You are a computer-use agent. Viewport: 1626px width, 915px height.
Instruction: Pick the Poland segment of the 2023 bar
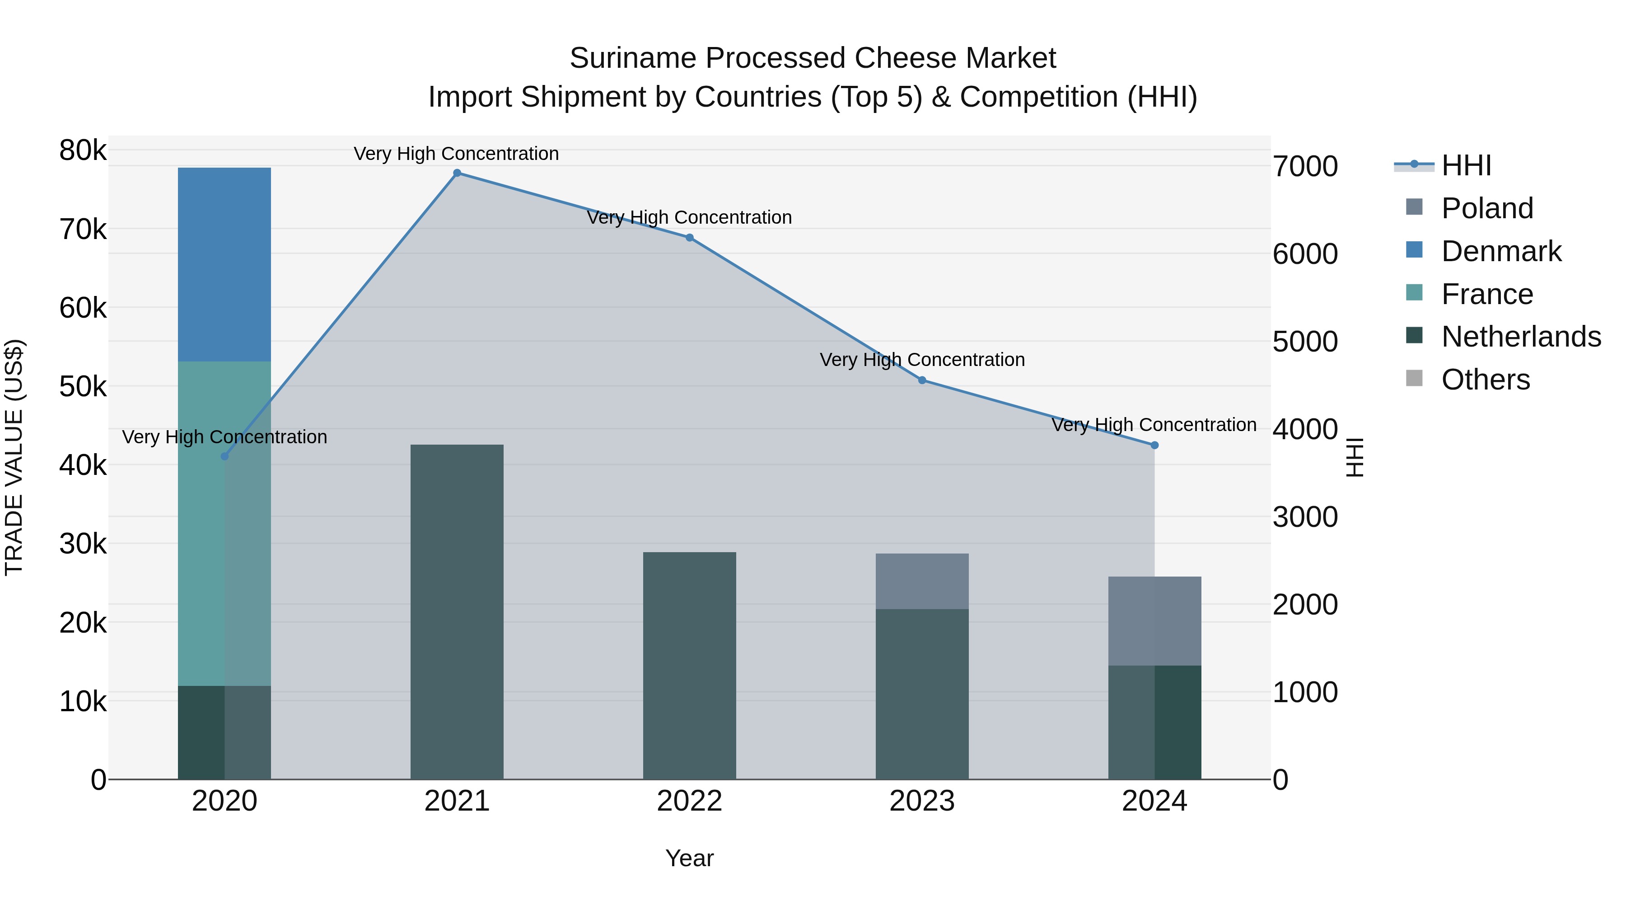click(921, 581)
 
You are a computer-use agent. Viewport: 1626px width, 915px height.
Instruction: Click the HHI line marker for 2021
click(457, 173)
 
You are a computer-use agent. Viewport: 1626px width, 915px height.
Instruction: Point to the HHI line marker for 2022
click(689, 237)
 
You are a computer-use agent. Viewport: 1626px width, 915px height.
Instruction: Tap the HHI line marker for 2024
click(1154, 445)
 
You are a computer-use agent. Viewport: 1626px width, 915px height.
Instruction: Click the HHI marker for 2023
click(921, 380)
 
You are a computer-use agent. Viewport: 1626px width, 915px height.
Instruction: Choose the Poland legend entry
click(1486, 208)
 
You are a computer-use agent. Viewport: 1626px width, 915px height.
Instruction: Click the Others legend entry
click(1485, 380)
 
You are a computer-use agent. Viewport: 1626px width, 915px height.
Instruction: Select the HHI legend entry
click(1466, 165)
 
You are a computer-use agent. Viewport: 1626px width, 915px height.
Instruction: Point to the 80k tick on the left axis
click(83, 150)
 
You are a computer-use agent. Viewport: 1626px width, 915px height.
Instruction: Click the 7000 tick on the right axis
click(1304, 167)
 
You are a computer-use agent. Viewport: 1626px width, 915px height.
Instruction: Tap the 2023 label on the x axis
click(921, 801)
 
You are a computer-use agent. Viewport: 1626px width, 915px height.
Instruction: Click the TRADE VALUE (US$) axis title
click(14, 457)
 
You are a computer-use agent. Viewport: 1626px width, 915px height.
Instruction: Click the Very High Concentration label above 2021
click(456, 154)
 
